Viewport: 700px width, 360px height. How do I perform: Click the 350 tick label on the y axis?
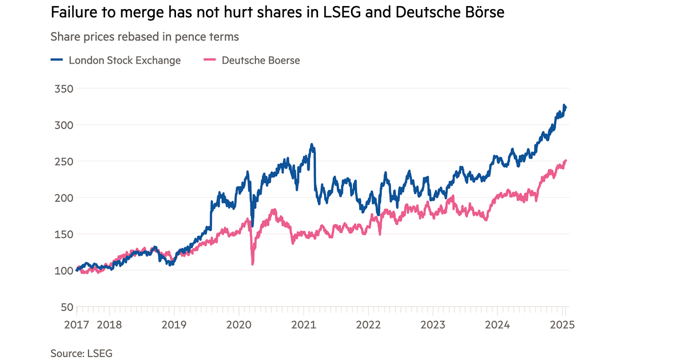(63, 89)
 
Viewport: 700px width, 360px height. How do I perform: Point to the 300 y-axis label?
(63, 125)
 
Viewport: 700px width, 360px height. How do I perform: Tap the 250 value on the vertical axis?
(63, 162)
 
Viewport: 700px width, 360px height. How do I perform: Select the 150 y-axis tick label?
(63, 234)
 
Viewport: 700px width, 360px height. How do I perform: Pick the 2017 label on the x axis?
(77, 325)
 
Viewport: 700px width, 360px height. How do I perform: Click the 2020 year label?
(239, 325)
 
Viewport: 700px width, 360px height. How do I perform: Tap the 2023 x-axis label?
(433, 325)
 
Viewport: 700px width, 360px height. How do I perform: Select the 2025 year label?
(563, 325)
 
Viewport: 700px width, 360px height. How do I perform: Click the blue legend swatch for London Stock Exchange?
(57, 60)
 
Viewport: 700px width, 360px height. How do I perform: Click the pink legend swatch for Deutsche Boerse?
(210, 60)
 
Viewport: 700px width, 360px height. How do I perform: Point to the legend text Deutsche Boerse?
(261, 60)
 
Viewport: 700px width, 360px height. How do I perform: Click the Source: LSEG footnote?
(81, 353)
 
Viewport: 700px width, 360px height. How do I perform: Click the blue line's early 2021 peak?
(312, 145)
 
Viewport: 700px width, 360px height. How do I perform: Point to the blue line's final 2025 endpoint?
(566, 107)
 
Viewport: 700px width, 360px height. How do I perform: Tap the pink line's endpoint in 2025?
(566, 161)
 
